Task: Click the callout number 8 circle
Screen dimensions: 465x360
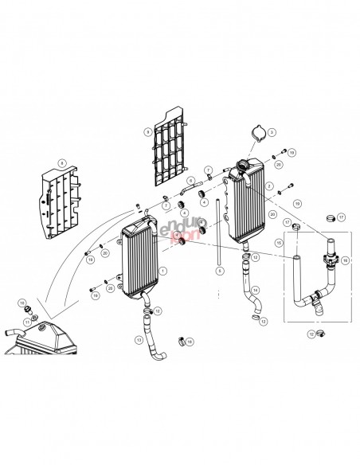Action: click(x=61, y=163)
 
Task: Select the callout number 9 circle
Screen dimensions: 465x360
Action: click(x=147, y=131)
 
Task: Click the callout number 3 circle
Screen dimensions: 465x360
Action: click(x=272, y=131)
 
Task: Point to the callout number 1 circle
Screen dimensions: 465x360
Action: click(x=163, y=271)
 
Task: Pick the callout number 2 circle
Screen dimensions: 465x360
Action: click(x=270, y=186)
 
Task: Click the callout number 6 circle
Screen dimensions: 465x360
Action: click(x=191, y=180)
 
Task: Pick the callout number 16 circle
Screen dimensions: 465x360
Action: click(x=344, y=260)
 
